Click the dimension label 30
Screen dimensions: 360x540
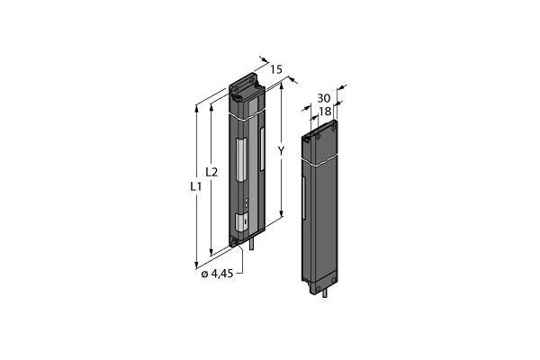coord(325,98)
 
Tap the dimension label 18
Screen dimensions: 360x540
coord(325,111)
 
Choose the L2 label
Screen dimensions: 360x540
coord(211,171)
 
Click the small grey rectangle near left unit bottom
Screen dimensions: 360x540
coord(241,221)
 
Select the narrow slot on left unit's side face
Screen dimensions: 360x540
coord(262,148)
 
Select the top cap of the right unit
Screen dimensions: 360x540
coord(322,130)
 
